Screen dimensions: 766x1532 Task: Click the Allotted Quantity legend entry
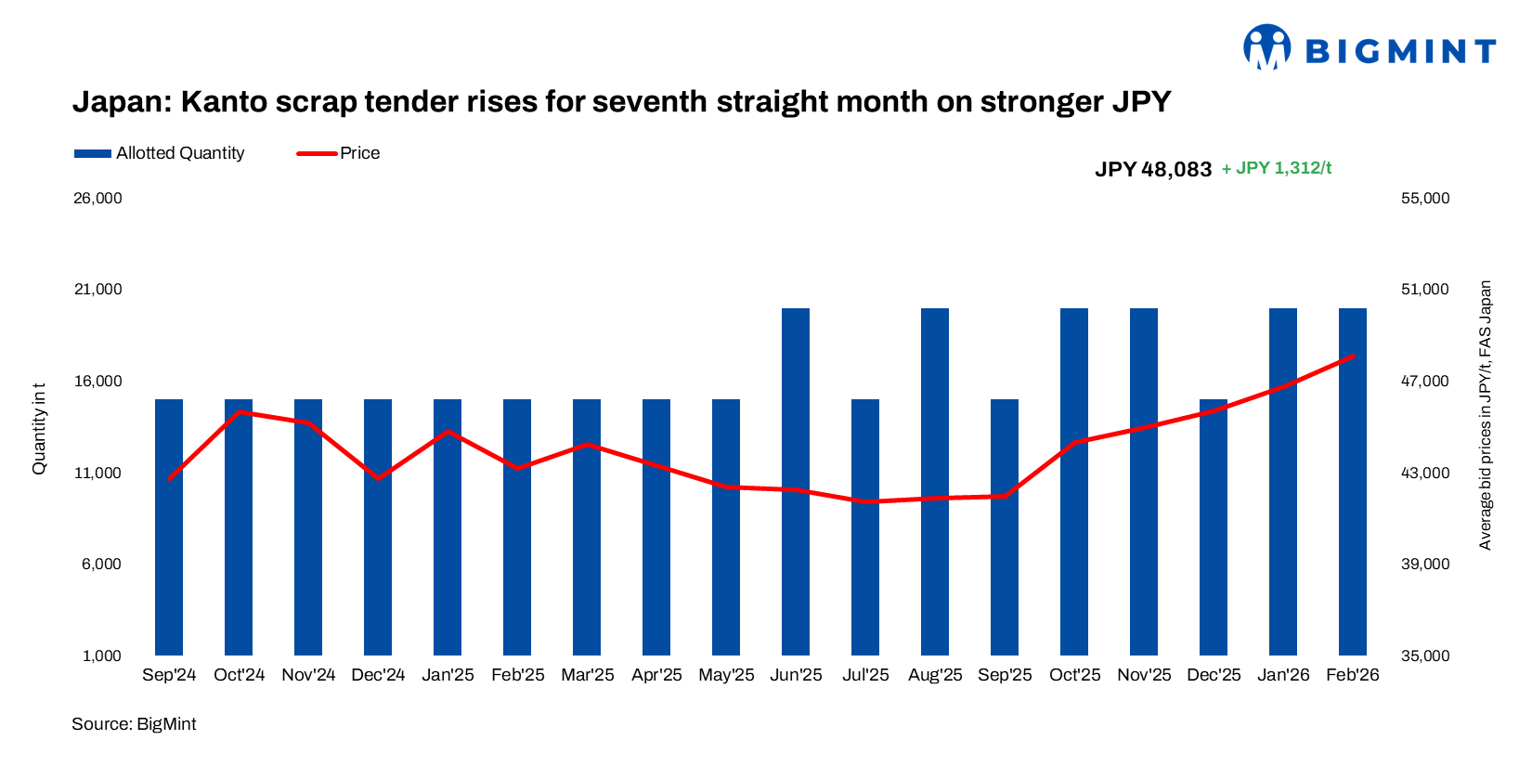[160, 153]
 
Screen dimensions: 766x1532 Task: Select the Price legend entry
[339, 153]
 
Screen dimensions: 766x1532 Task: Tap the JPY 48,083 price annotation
[1153, 169]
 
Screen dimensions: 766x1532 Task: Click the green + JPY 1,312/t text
[1277, 168]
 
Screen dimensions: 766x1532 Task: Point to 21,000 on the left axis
[97, 290]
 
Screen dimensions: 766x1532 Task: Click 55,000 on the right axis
[1424, 198]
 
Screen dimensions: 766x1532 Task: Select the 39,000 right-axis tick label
[1424, 565]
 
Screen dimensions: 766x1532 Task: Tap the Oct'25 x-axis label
[1074, 675]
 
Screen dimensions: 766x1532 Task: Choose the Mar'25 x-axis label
[587, 675]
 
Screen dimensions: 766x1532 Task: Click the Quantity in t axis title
[39, 428]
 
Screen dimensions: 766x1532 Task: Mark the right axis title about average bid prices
[1485, 415]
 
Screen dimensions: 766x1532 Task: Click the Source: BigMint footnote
[134, 724]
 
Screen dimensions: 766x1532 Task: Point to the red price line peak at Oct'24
[240, 411]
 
